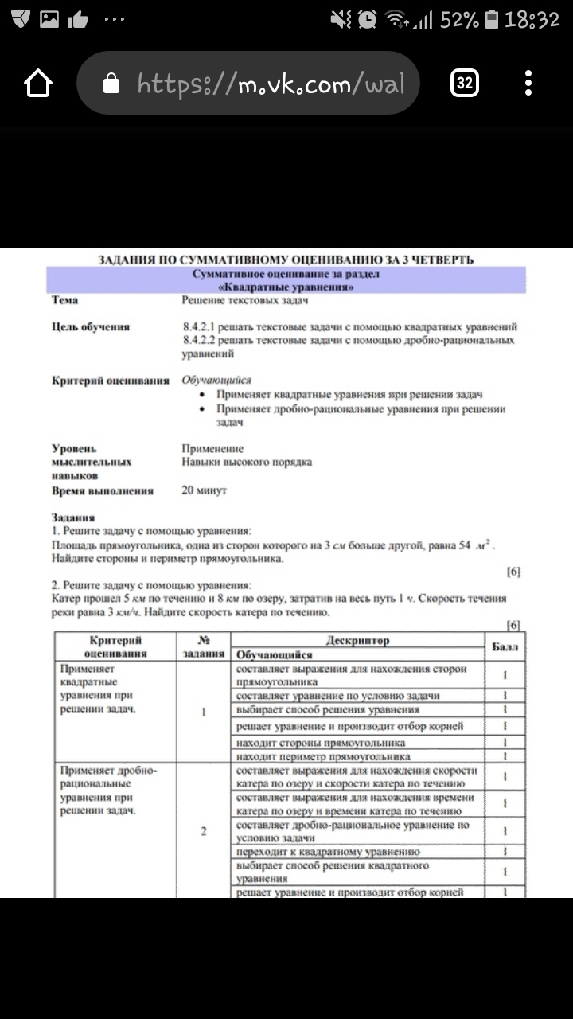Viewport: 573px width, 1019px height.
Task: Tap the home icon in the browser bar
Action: [38, 83]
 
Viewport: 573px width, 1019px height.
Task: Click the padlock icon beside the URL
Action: [112, 83]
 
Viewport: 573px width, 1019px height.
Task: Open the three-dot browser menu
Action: [528, 83]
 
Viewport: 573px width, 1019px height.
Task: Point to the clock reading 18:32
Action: [532, 19]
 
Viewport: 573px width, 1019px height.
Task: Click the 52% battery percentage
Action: [459, 19]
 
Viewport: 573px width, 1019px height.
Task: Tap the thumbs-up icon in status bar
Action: [78, 19]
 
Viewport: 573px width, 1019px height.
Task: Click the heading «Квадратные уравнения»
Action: [286, 287]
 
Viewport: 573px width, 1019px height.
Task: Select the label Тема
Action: [65, 300]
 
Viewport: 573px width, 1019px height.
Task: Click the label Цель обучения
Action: [90, 327]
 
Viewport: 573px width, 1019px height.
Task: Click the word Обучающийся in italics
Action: [216, 381]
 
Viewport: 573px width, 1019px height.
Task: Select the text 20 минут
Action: [205, 490]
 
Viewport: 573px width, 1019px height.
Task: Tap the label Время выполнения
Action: [103, 491]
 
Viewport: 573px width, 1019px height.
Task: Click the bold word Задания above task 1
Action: [73, 517]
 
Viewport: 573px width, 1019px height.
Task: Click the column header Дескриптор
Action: [357, 640]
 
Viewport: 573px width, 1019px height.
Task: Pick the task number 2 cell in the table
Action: [204, 832]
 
